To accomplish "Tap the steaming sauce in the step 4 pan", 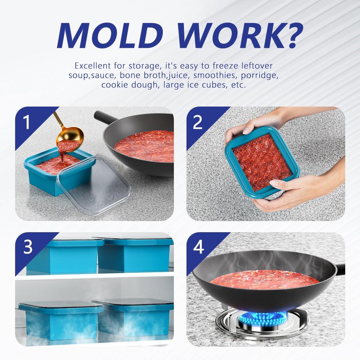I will (263, 279).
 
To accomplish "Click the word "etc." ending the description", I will (238, 86).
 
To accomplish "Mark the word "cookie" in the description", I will (114, 86).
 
